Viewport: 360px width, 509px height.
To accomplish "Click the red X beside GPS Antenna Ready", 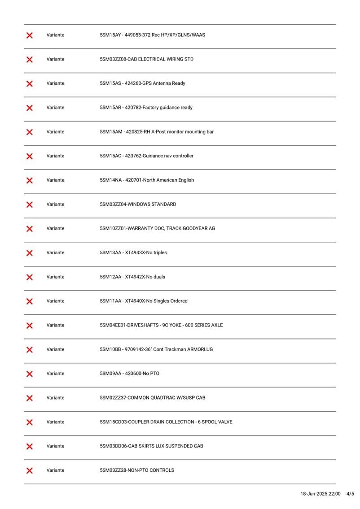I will pyautogui.click(x=30, y=83).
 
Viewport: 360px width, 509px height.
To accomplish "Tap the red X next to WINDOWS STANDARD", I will pyautogui.click(x=30, y=204).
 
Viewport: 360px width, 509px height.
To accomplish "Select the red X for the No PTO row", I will pyautogui.click(x=30, y=374).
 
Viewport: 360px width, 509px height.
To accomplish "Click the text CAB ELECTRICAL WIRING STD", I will pyautogui.click(x=161, y=59).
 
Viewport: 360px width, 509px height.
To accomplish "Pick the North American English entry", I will pyautogui.click(x=168, y=180).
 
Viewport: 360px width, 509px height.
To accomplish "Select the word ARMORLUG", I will pyautogui.click(x=200, y=350).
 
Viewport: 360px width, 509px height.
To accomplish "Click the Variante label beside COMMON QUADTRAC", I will pyautogui.click(x=55, y=398).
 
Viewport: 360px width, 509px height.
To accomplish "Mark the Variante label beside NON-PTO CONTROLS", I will pyautogui.click(x=55, y=470).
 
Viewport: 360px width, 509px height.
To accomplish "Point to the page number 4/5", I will pyautogui.click(x=350, y=494).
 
